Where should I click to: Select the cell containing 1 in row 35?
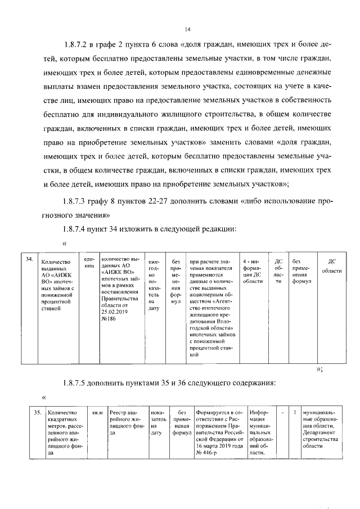click(295, 412)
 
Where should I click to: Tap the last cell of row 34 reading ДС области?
click(332, 266)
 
